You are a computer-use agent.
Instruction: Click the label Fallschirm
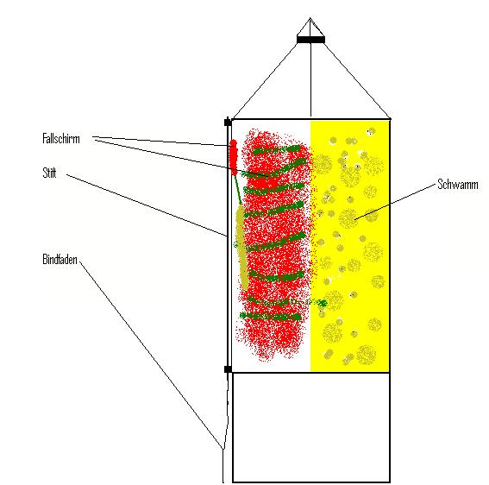coord(61,139)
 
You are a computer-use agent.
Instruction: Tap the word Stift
coord(49,173)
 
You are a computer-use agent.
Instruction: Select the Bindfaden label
coord(60,260)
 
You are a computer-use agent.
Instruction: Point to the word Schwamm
coord(457,184)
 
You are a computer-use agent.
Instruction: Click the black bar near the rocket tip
coord(310,40)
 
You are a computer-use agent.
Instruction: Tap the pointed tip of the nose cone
coord(310,18)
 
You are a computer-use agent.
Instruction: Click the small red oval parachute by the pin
coord(234,157)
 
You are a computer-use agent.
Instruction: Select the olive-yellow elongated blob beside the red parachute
coord(241,247)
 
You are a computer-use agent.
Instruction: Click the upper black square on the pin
coord(228,122)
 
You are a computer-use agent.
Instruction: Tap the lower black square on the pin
coord(228,369)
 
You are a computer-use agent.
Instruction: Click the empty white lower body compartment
coord(311,427)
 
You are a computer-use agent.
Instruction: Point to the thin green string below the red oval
coord(238,189)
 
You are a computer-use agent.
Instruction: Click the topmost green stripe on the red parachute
coord(276,149)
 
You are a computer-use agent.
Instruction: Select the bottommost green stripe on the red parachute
coord(270,317)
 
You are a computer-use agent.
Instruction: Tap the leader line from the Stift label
coord(147,205)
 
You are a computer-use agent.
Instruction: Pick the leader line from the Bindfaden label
coord(151,356)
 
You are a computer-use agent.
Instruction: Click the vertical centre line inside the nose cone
coord(310,67)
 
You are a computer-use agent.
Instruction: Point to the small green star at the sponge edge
coord(323,302)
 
